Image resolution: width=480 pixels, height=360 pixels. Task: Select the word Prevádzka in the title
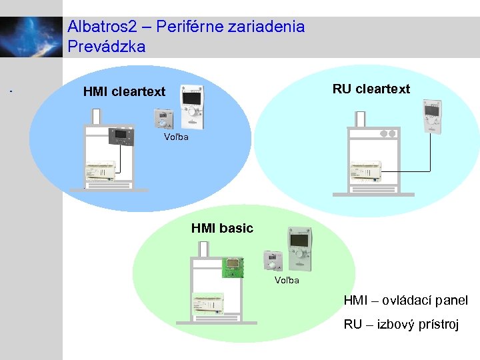pyautogui.click(x=106, y=47)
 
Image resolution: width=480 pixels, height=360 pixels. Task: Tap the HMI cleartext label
pyautogui.click(x=124, y=92)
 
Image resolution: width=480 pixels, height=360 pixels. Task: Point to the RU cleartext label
pyautogui.click(x=371, y=89)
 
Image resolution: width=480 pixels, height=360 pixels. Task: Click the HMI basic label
pyautogui.click(x=222, y=228)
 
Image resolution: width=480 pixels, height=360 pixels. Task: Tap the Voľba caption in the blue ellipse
pyautogui.click(x=177, y=137)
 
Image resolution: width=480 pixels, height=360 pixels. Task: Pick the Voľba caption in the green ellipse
pyautogui.click(x=287, y=280)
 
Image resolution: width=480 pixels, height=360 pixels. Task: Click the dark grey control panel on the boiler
pyautogui.click(x=121, y=136)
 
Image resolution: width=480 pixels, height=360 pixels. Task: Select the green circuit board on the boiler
pyautogui.click(x=232, y=267)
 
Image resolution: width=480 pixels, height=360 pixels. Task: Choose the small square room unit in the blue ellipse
pyautogui.click(x=163, y=119)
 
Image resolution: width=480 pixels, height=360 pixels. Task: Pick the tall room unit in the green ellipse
pyautogui.click(x=299, y=247)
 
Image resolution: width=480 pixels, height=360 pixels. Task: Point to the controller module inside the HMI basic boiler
pyautogui.click(x=210, y=303)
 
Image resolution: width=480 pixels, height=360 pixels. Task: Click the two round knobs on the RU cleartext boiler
pyautogui.click(x=387, y=133)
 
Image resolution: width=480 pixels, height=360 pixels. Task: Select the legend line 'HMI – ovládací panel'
pyautogui.click(x=405, y=301)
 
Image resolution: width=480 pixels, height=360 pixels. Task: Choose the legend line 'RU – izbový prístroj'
pyautogui.click(x=401, y=325)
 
